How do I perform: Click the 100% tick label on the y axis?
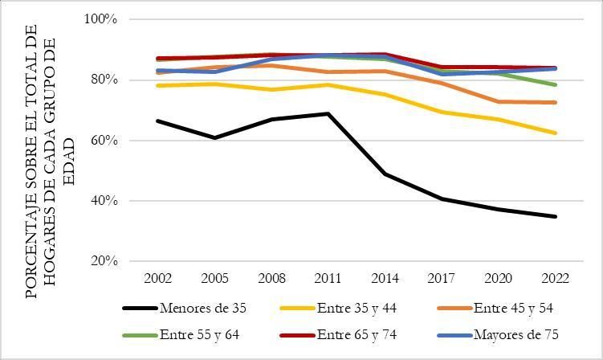pyautogui.click(x=100, y=19)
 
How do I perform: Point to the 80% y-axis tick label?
pyautogui.click(x=103, y=80)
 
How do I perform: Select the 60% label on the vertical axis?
pyautogui.click(x=103, y=141)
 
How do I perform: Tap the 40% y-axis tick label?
pyautogui.click(x=103, y=201)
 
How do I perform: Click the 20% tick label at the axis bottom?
pyautogui.click(x=103, y=261)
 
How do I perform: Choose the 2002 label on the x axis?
pyautogui.click(x=157, y=278)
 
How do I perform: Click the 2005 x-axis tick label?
pyautogui.click(x=214, y=278)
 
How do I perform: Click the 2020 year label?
pyautogui.click(x=498, y=278)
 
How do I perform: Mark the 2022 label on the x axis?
pyautogui.click(x=554, y=278)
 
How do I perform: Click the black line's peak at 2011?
pyautogui.click(x=328, y=113)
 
